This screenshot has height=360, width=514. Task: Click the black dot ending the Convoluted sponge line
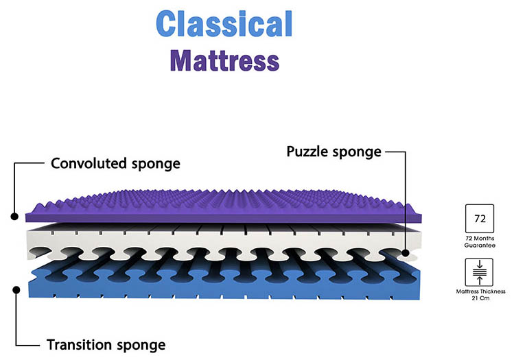click(14, 216)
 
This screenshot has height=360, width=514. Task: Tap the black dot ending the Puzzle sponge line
click(406, 253)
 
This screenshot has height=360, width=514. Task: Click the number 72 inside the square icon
click(480, 219)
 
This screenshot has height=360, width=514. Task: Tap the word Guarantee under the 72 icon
click(480, 245)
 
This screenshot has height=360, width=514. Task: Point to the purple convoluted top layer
click(226, 206)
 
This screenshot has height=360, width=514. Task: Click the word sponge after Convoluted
click(155, 164)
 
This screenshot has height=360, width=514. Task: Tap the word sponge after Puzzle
click(356, 152)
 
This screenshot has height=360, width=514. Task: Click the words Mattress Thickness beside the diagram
click(480, 291)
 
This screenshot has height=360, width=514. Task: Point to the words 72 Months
click(480, 237)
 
